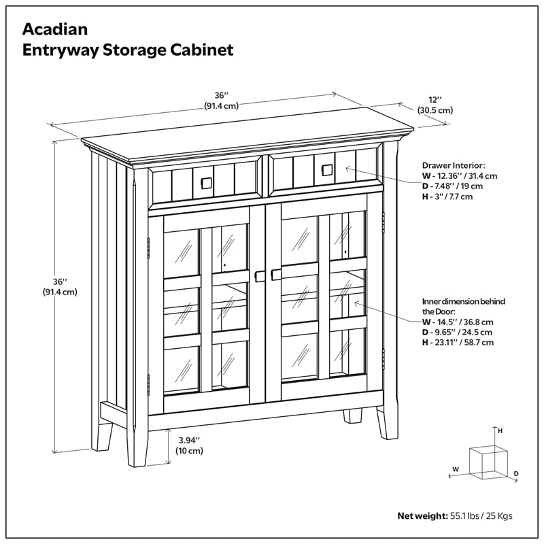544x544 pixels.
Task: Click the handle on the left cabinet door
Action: pyautogui.click(x=258, y=275)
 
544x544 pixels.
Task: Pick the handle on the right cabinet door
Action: pyautogui.click(x=275, y=274)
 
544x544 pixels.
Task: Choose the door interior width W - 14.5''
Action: pyautogui.click(x=457, y=322)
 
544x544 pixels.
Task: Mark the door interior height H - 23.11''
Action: pyautogui.click(x=458, y=343)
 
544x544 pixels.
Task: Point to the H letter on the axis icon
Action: pyautogui.click(x=500, y=430)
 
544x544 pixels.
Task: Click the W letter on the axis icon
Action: pyautogui.click(x=456, y=469)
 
